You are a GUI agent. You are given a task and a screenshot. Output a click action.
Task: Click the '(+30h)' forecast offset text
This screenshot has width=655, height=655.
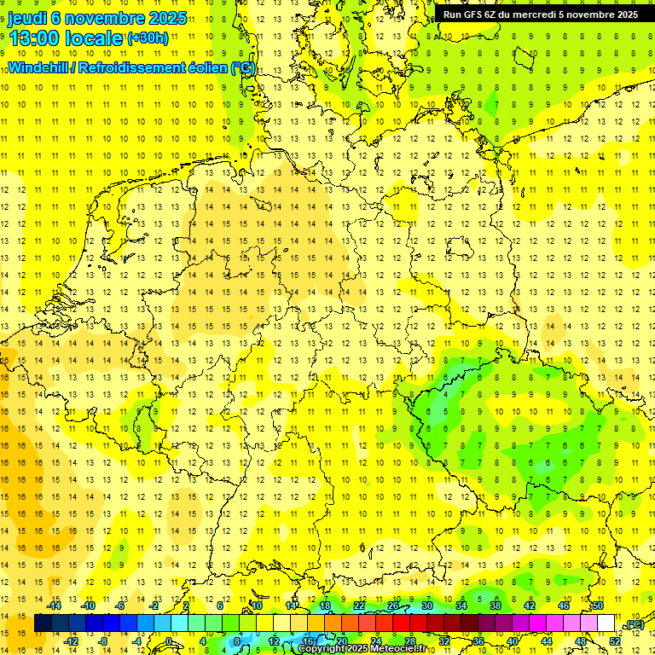(x=147, y=38)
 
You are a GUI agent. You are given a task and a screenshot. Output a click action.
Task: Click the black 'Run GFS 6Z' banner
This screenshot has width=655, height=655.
(x=541, y=14)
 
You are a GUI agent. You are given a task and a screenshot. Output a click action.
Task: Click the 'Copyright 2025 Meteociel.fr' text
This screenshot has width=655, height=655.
(x=362, y=649)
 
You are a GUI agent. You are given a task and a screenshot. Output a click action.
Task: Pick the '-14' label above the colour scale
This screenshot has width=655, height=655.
(x=54, y=606)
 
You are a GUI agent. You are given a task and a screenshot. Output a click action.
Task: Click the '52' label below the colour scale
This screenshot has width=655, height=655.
(x=615, y=641)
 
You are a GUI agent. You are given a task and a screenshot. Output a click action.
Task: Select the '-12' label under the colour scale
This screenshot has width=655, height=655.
(x=71, y=641)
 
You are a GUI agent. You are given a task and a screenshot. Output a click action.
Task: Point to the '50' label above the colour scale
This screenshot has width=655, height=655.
(x=598, y=606)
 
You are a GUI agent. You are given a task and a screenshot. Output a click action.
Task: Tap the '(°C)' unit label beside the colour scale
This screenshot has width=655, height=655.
(x=634, y=625)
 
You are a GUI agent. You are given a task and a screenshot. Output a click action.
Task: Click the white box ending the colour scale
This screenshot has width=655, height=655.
(x=606, y=623)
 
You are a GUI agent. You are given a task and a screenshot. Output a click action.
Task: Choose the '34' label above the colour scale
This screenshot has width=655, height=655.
(x=461, y=606)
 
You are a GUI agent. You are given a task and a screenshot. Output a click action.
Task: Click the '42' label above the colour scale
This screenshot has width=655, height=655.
(x=530, y=606)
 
